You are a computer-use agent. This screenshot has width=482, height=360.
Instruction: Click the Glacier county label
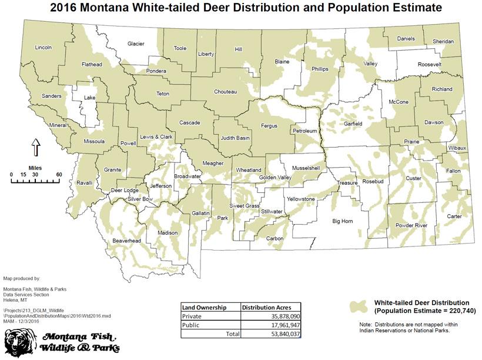[x=136, y=44]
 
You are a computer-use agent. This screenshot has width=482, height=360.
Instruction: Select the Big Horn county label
[x=343, y=222]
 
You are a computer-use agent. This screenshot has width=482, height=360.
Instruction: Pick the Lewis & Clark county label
[x=156, y=136]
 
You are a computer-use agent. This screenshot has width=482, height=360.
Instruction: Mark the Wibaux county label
[x=457, y=147]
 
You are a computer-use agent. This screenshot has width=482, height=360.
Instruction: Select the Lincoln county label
[x=43, y=47]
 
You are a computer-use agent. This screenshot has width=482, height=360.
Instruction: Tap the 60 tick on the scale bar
[x=59, y=175]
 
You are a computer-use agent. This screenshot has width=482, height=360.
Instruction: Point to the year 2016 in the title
[x=69, y=8]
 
